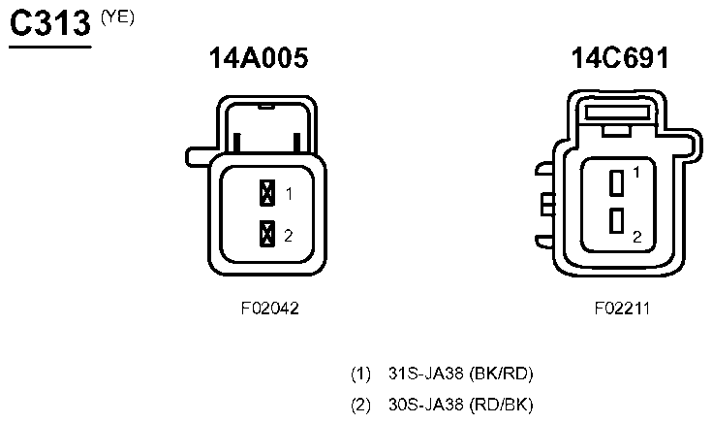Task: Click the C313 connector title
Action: (x=50, y=23)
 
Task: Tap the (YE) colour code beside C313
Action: (x=117, y=17)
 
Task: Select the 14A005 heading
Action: (x=259, y=58)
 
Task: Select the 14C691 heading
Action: (x=620, y=58)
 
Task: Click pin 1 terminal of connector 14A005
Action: (x=267, y=193)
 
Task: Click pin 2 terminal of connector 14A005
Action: (x=267, y=234)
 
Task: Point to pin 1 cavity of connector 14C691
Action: (x=616, y=183)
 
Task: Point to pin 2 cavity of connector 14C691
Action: (x=616, y=220)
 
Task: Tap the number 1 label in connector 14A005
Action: (x=289, y=194)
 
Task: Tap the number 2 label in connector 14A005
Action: (x=289, y=236)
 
